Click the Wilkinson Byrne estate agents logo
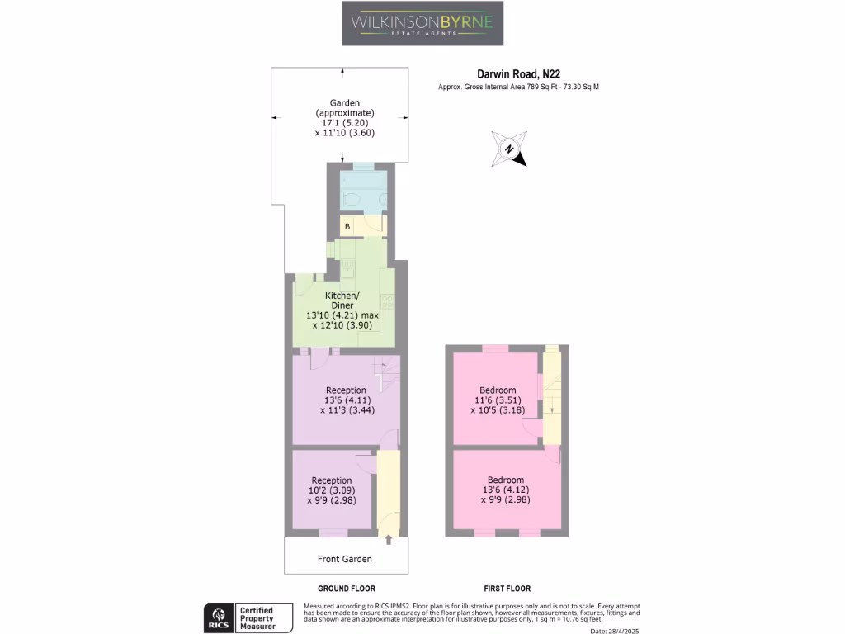[x=422, y=23]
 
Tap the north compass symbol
[x=509, y=149]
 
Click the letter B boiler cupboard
[x=347, y=225]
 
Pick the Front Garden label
[x=345, y=559]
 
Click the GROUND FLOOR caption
[x=345, y=589]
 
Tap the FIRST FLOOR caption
[x=506, y=589]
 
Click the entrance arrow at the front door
[x=389, y=540]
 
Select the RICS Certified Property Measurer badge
[x=250, y=618]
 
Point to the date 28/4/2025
[x=616, y=631]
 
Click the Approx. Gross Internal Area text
[x=518, y=87]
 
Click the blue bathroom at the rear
[x=363, y=190]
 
